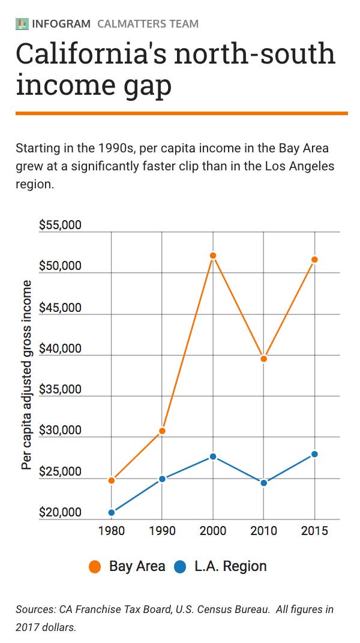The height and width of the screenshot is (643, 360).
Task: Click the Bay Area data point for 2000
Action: pyautogui.click(x=212, y=256)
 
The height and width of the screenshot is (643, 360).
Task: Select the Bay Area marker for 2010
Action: pyautogui.click(x=263, y=359)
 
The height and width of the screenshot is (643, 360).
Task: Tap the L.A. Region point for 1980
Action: pyautogui.click(x=112, y=512)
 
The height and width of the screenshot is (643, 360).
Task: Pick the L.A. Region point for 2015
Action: pyautogui.click(x=315, y=454)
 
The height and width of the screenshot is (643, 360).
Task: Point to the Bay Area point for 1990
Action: pyautogui.click(x=162, y=431)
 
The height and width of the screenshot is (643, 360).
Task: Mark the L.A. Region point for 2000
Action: pyautogui.click(x=212, y=456)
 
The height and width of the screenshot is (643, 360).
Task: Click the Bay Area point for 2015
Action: pyautogui.click(x=315, y=260)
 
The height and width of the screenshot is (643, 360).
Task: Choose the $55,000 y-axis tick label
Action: pyautogui.click(x=59, y=226)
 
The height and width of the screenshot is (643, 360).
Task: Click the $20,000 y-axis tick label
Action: pyautogui.click(x=59, y=513)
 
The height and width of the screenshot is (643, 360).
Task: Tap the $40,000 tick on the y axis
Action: pyautogui.click(x=59, y=349)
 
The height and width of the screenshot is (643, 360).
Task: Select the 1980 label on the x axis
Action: pyautogui.click(x=112, y=531)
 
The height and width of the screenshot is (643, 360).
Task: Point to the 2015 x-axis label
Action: pyautogui.click(x=315, y=531)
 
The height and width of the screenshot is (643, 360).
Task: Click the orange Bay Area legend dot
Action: pyautogui.click(x=95, y=566)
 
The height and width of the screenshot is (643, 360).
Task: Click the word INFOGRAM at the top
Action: pyautogui.click(x=61, y=24)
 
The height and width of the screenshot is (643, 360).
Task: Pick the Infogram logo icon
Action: pyautogui.click(x=22, y=24)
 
